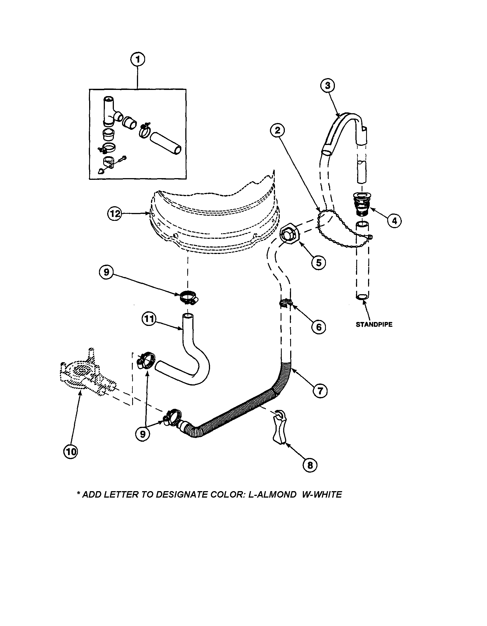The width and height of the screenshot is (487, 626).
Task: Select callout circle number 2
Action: point(277,131)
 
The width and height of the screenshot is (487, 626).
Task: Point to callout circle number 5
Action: point(319,262)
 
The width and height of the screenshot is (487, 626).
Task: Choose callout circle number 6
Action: point(319,327)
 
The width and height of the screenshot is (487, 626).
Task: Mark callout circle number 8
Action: point(310,465)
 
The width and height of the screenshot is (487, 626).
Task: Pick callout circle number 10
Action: point(70,452)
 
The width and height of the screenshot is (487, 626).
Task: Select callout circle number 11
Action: point(149,319)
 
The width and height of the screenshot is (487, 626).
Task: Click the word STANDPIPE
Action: point(374,325)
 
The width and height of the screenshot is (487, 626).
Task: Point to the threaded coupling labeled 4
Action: point(361,205)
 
